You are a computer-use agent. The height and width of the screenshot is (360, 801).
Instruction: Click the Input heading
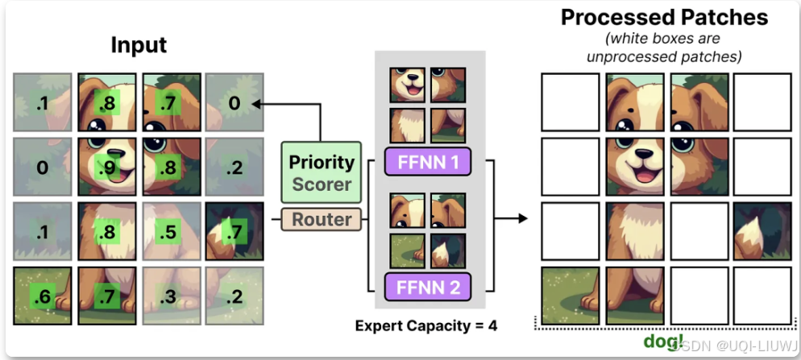[139, 45]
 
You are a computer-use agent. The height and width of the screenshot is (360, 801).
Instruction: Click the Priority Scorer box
[322, 172]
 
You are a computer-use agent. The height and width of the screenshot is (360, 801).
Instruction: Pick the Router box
[322, 219]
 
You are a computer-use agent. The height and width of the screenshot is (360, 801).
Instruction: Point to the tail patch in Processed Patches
[762, 230]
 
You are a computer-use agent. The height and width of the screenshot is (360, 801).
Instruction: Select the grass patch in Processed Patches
[571, 295]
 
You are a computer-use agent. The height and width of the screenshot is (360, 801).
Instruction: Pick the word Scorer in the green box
[322, 184]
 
